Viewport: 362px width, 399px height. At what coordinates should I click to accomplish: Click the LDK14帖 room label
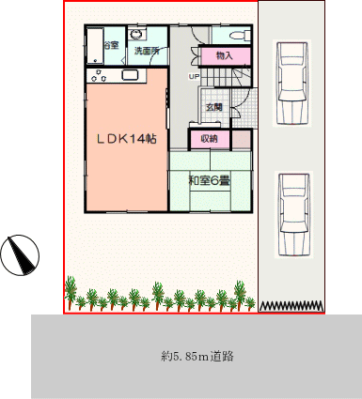coord(126,139)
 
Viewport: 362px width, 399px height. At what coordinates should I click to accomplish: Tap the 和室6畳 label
coord(210,180)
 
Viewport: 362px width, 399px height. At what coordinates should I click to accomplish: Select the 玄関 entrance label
coord(213,107)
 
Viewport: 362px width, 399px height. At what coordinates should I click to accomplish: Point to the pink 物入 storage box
coord(225,56)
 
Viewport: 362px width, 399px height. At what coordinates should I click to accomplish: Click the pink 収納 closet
coord(210,138)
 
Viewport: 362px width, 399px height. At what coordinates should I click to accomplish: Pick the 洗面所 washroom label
coord(147,51)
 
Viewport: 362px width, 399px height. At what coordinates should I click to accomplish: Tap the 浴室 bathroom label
coord(111,46)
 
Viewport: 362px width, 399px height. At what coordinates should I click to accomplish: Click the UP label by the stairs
coord(193,76)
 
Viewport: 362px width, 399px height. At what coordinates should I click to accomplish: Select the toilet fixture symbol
coord(240,36)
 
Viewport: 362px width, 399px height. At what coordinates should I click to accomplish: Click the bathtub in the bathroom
coord(95,46)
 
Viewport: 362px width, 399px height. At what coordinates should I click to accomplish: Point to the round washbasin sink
coord(136,34)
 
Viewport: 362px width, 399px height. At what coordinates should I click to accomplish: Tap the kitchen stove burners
coord(99,76)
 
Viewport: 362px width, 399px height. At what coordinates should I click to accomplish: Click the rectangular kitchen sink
coord(130,75)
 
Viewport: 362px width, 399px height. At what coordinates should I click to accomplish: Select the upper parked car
coord(293,84)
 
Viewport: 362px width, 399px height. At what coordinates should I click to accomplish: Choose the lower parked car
coord(294,215)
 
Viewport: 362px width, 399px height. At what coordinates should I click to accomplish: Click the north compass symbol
coord(20,255)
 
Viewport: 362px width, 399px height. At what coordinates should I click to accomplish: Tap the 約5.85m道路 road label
coord(197,357)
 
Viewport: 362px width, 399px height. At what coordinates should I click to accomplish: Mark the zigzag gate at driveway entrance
coord(291,306)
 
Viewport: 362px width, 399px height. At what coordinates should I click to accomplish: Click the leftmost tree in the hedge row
coord(70,292)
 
